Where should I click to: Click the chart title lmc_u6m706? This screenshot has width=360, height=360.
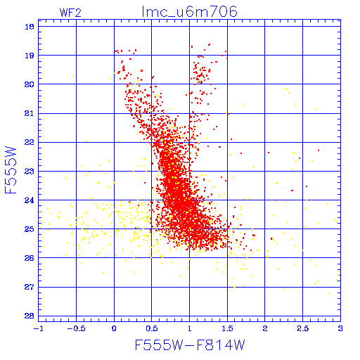[x=189, y=11]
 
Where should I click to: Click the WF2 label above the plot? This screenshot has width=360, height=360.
[x=70, y=13]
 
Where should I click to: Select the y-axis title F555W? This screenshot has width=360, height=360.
[x=11, y=170]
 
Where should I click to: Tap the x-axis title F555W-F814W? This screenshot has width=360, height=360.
[x=190, y=345]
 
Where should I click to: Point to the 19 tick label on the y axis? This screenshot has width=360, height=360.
[x=30, y=56]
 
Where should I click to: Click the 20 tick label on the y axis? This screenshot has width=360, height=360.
[x=30, y=84]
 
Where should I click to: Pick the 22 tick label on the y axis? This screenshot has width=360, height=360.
[x=30, y=142]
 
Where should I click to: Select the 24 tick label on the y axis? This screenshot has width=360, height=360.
[x=30, y=200]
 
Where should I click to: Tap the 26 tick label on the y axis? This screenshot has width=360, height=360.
[x=30, y=258]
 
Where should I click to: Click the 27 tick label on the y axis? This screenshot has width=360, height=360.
[x=30, y=287]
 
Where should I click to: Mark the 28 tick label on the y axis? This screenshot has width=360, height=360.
[x=30, y=316]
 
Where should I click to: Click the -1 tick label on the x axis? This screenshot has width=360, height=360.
[x=39, y=328]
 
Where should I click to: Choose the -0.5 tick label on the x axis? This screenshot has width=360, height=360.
[x=76, y=328]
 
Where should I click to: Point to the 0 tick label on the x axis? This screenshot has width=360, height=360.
[x=114, y=328]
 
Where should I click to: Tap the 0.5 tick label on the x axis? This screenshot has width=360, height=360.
[x=152, y=328]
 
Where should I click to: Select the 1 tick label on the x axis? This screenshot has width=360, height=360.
[x=189, y=328]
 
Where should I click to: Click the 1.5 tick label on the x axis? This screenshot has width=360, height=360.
[x=227, y=328]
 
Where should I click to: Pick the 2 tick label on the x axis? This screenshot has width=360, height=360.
[x=265, y=328]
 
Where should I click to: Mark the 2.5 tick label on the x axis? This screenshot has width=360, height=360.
[x=303, y=328]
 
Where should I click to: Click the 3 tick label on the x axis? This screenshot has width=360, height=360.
[x=340, y=328]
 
